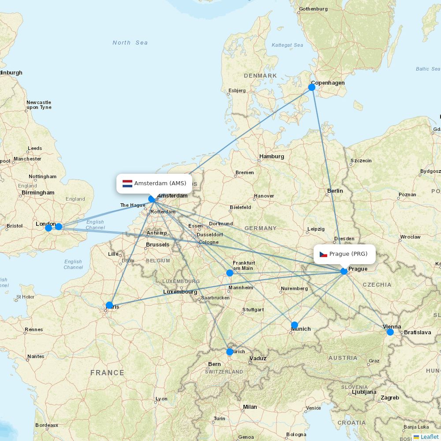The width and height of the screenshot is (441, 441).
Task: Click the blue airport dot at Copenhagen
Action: point(312,87)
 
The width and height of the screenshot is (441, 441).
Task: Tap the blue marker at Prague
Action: point(344,271)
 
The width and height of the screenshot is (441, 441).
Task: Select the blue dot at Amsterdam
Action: point(152,199)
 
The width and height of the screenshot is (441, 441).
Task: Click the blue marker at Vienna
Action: point(390,332)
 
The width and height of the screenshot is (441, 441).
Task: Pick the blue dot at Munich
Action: point(295,325)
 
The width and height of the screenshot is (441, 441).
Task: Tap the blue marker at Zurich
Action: point(230,352)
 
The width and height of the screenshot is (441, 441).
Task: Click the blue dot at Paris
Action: point(109,305)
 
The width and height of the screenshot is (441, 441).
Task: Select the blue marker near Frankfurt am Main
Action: point(230,273)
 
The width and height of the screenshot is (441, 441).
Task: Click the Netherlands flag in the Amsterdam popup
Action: point(127,183)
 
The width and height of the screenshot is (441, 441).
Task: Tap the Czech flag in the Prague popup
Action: point(323,254)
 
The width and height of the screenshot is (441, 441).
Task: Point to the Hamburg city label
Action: point(272,157)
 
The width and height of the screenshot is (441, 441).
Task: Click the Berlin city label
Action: point(335,191)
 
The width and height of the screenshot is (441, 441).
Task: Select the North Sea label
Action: point(130,43)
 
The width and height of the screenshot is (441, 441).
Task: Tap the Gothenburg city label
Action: point(313,9)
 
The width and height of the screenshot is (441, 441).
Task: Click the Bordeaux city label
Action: point(47,426)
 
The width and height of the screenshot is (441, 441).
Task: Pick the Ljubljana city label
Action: point(364,392)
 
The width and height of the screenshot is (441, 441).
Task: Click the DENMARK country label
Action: point(260,76)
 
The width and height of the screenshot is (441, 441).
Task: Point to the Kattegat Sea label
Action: point(288,45)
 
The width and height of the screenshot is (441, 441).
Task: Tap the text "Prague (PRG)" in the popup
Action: point(348,254)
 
